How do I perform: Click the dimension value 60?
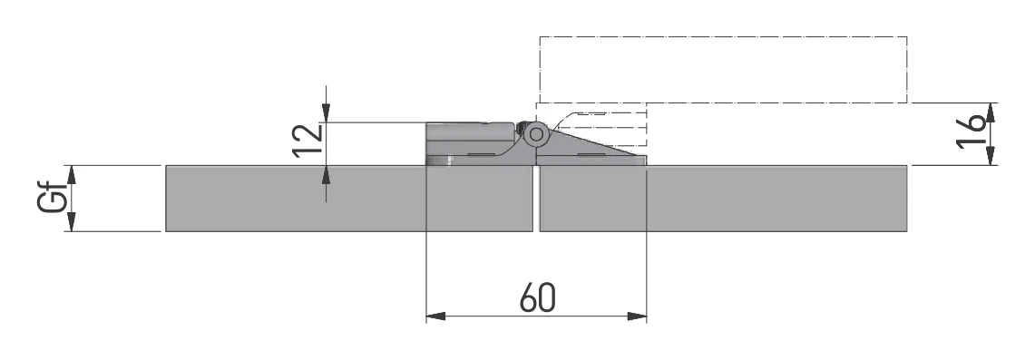coord(537,297)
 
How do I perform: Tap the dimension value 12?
coord(308,140)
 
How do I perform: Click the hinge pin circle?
coord(536,134)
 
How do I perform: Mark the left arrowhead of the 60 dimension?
coord(435,316)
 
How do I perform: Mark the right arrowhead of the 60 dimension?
coord(637,316)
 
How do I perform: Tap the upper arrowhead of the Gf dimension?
coord(72,175)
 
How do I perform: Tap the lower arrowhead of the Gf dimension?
coord(72,221)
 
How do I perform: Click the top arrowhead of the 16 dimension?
coord(991,112)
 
